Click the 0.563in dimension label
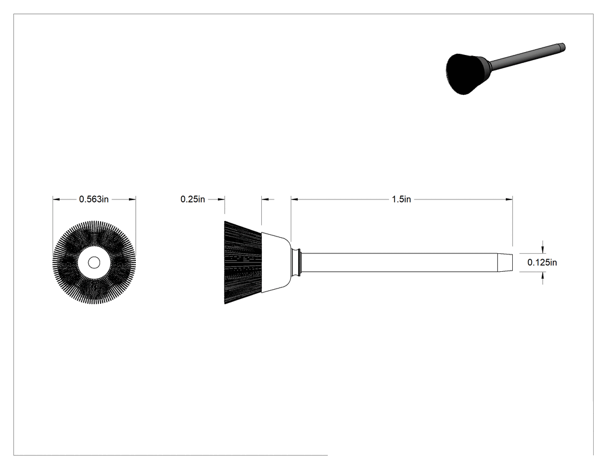pyautogui.click(x=94, y=199)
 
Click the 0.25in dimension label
pyautogui.click(x=193, y=199)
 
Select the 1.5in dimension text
pyautogui.click(x=401, y=199)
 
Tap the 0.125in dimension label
pyautogui.click(x=542, y=262)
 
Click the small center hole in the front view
pyautogui.click(x=94, y=263)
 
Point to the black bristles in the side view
pyautogui.click(x=243, y=263)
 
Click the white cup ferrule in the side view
pyautogui.click(x=276, y=263)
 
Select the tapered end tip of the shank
pyautogui.click(x=505, y=262)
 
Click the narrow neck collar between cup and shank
pyautogui.click(x=296, y=262)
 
